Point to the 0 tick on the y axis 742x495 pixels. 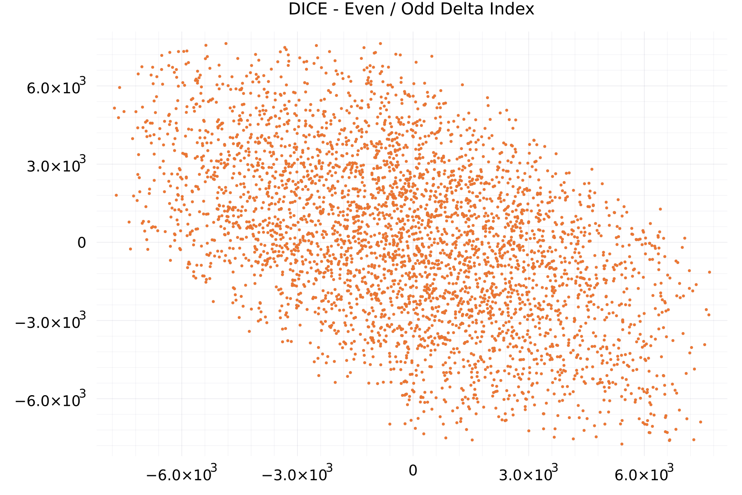[82, 243]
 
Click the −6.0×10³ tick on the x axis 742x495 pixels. [181, 473]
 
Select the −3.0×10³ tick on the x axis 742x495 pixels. [297, 473]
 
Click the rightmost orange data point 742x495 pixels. [709, 272]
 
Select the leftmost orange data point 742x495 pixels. [114, 108]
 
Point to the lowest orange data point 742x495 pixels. [622, 444]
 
